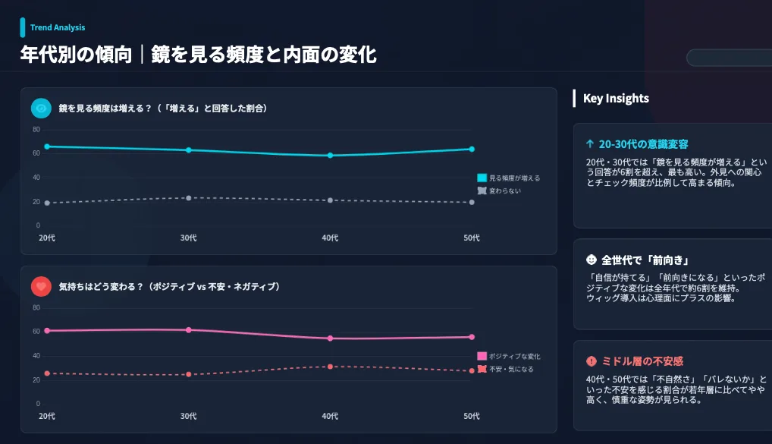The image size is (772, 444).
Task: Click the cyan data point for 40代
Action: tap(330, 156)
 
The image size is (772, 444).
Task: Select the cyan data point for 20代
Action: tap(47, 146)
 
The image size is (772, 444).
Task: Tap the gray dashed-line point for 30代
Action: tap(189, 198)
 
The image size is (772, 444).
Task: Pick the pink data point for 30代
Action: tap(189, 330)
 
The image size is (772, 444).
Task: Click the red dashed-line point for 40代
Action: tap(330, 367)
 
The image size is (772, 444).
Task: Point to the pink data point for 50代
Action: tap(472, 337)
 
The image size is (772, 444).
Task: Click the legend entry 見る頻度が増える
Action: tap(509, 178)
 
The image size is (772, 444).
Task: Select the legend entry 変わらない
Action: tap(500, 191)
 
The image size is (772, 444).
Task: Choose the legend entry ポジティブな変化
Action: tap(509, 356)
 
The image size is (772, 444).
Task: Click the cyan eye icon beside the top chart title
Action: tap(41, 109)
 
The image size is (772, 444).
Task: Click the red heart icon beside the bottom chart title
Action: tap(41, 286)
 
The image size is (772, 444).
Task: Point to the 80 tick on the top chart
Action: tap(36, 129)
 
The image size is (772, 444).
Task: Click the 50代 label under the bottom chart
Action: tap(472, 416)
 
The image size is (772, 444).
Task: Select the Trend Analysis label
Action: tap(58, 28)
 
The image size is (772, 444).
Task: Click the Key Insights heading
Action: tap(616, 98)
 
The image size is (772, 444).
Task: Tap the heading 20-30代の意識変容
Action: tap(643, 144)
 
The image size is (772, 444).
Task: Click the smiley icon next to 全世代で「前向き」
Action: tap(592, 260)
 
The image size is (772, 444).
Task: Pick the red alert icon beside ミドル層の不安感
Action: tap(592, 361)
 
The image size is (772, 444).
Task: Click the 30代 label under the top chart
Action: tap(189, 238)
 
